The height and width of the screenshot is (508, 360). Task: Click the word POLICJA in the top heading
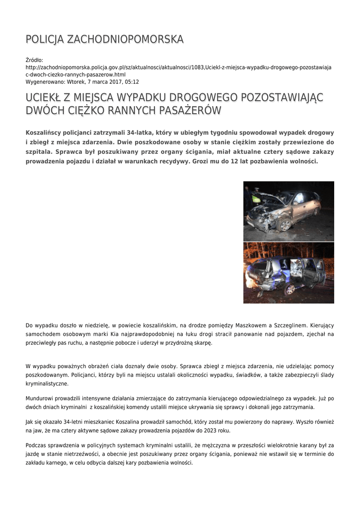(44, 39)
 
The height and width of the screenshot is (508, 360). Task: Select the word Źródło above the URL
(34, 60)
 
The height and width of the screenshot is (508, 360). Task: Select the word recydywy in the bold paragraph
(165, 162)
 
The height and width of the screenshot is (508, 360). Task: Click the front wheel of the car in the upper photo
(285, 225)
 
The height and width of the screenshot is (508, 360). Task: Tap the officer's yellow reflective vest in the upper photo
(256, 198)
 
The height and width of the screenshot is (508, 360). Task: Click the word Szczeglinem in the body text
(292, 325)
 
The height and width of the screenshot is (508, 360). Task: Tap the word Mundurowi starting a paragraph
(40, 398)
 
